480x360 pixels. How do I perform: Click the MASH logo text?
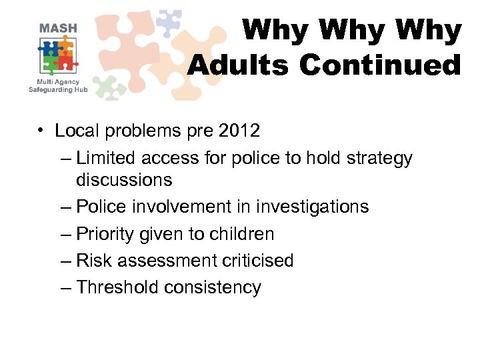point(58,28)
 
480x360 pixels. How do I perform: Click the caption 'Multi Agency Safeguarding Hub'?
point(59,85)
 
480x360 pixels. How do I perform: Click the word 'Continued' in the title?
point(380,65)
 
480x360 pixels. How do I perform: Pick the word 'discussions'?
point(124,180)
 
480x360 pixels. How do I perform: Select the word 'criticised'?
point(254,261)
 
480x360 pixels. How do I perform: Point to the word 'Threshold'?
point(119,287)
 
